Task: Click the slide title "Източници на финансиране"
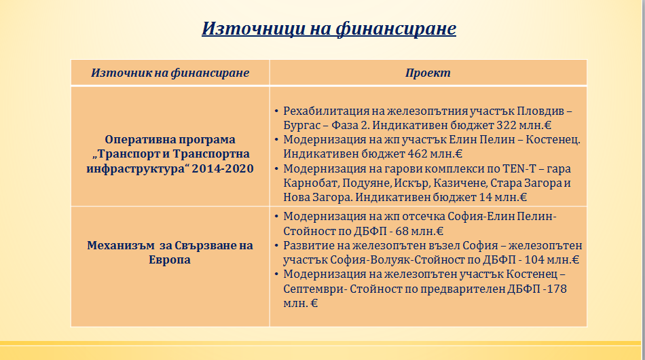329,29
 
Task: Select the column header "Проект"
428,73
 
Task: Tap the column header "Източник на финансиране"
170,73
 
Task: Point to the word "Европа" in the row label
170,259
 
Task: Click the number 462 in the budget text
418,154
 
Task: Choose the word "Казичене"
451,183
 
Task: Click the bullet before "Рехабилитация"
276,111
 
